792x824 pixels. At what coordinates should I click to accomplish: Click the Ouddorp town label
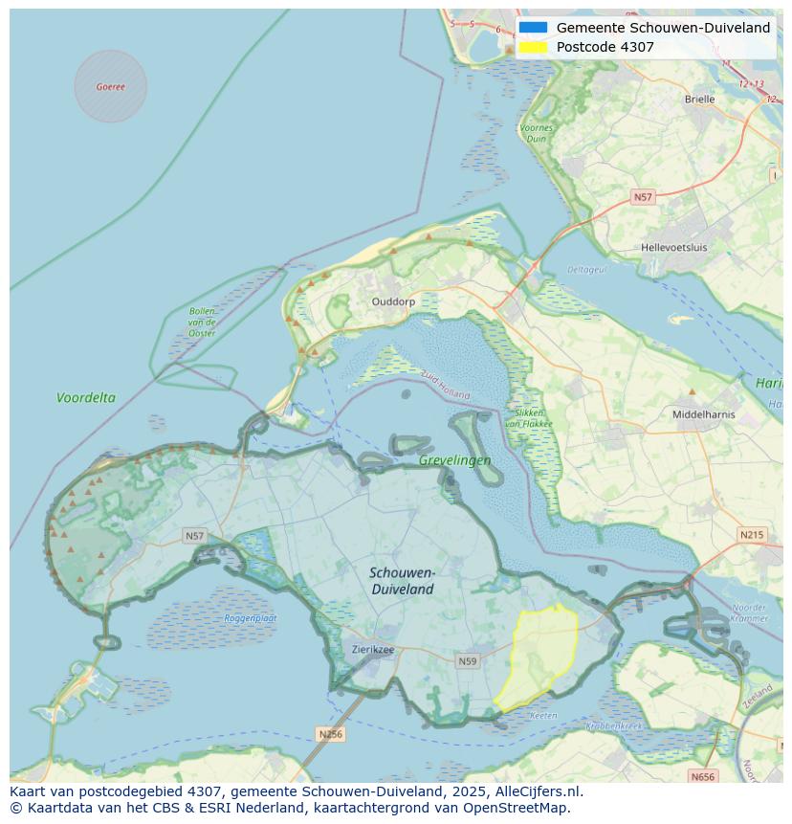pos(393,301)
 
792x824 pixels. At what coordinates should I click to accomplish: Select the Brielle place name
pos(699,99)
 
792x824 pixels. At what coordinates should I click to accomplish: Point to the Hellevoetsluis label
pos(673,247)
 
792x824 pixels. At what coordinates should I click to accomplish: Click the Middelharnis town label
pos(703,414)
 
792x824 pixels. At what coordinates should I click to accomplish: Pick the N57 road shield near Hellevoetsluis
pos(643,197)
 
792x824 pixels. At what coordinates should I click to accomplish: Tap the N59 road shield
pos(467,661)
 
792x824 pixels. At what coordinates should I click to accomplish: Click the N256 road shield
pos(330,734)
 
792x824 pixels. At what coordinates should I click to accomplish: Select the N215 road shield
pos(752,534)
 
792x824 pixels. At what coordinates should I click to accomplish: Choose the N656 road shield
pos(702,777)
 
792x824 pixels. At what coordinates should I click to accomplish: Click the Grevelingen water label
pos(454,460)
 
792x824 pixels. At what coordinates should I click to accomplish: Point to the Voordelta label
pos(86,397)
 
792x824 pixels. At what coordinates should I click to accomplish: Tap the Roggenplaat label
pos(251,618)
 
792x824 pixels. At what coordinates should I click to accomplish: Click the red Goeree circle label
pos(110,86)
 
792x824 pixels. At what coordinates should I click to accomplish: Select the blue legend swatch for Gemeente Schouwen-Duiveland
pos(534,28)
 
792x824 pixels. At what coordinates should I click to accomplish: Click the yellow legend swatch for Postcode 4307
pos(534,47)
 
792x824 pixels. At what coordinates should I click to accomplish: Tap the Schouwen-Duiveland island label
pos(403,581)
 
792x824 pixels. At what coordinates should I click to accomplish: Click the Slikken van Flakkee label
pos(524,417)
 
